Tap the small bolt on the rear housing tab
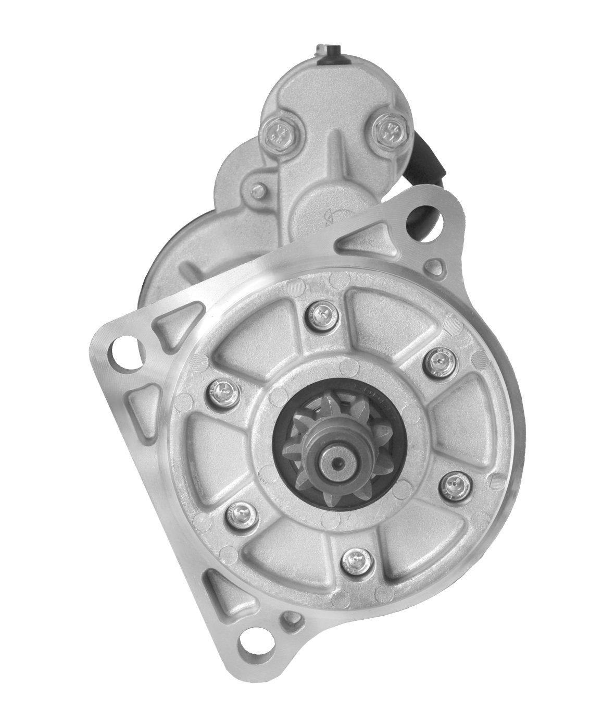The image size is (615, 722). pyautogui.click(x=257, y=191)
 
